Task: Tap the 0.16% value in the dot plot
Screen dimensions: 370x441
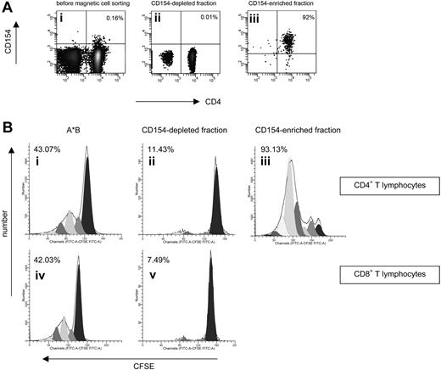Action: pos(114,18)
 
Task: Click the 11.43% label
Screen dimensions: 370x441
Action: pos(158,150)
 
